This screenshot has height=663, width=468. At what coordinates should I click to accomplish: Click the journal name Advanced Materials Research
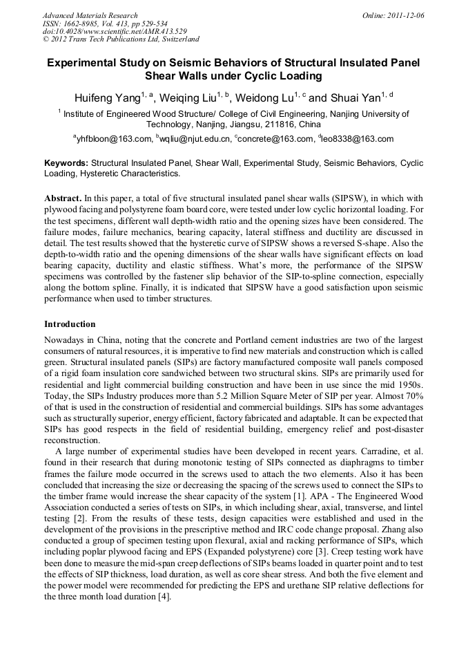(90, 15)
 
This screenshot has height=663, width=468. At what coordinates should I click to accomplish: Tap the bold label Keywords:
(66, 163)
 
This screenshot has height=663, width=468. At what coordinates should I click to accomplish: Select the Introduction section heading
(70, 324)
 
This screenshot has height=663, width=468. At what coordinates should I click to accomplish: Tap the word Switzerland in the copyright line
(175, 39)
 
